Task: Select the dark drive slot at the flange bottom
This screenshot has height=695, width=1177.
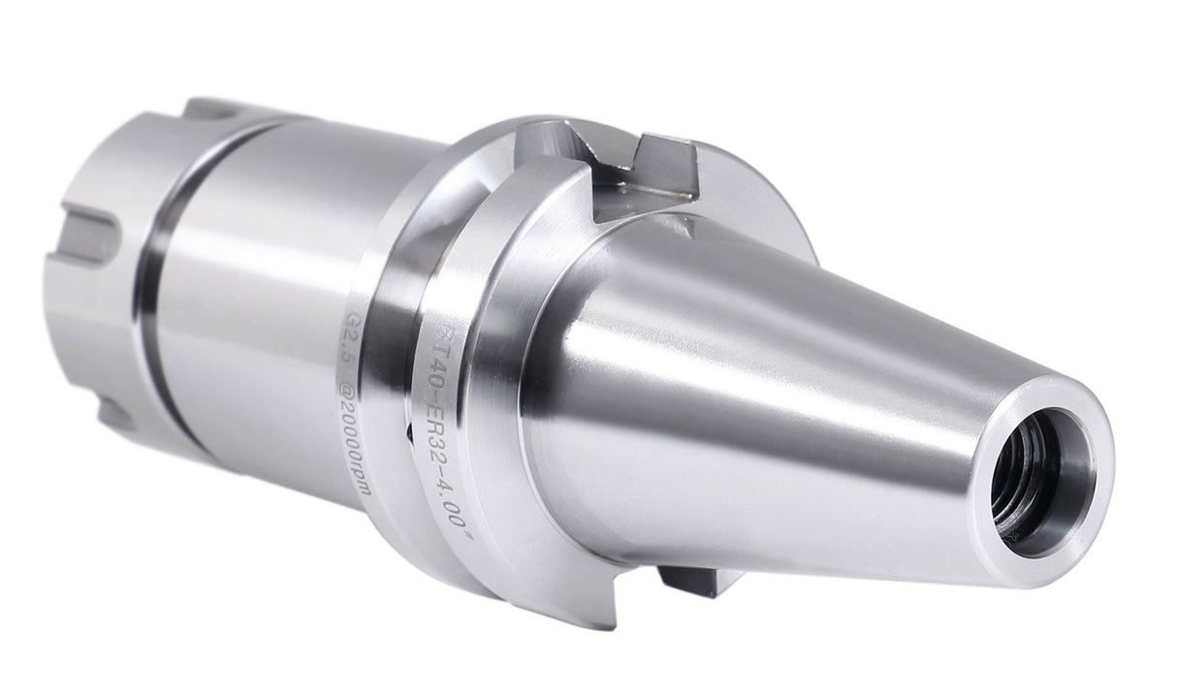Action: pos(691,581)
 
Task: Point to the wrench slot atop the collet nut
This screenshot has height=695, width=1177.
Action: pos(208,110)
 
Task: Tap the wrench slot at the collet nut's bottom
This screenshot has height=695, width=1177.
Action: pos(116,415)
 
